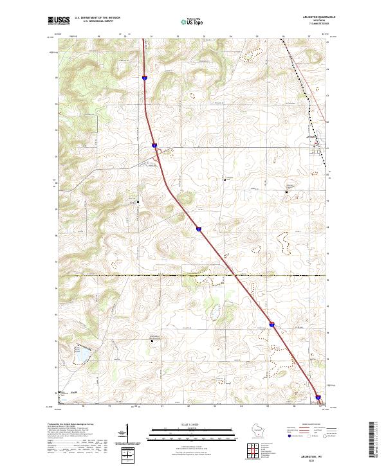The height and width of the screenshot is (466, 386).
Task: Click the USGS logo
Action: click(57, 21)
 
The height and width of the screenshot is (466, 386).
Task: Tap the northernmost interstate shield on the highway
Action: click(145, 78)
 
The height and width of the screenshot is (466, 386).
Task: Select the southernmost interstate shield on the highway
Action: click(318, 397)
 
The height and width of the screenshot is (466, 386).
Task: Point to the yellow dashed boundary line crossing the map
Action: click(193, 275)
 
